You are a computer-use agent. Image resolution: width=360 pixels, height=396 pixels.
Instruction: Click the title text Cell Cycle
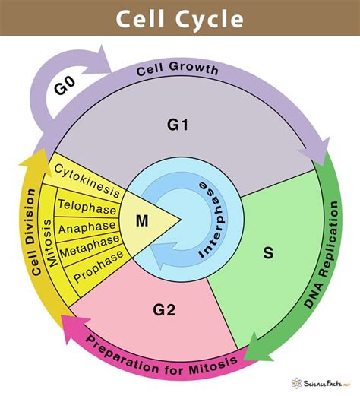pos(180,17)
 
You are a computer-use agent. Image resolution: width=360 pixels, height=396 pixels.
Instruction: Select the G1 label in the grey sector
pos(177,124)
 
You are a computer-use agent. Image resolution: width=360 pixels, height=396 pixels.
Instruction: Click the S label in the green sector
pos(268,252)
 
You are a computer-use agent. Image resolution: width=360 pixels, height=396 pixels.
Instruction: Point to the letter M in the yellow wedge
pos(141,220)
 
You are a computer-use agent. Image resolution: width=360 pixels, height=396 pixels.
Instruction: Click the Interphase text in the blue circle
pos(215,220)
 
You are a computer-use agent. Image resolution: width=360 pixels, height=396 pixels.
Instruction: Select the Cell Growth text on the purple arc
pos(177,70)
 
